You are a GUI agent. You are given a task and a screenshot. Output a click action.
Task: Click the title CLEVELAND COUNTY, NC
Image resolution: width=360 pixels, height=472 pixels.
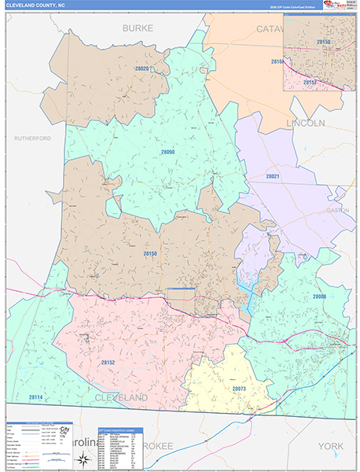click(x=36, y=5)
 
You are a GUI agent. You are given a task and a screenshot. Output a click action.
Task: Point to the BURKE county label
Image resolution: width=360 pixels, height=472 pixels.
click(x=138, y=28)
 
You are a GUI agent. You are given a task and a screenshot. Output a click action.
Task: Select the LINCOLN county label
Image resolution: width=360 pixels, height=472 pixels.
click(x=305, y=124)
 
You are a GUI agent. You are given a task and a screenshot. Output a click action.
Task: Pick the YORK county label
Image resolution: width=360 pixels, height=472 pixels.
click(x=330, y=446)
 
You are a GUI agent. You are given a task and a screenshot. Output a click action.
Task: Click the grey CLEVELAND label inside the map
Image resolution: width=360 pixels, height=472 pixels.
click(x=121, y=399)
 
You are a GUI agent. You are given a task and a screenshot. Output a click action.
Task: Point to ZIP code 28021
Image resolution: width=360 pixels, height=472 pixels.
click(x=272, y=176)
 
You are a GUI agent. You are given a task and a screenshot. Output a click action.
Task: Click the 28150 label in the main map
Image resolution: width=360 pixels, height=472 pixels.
click(x=150, y=253)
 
